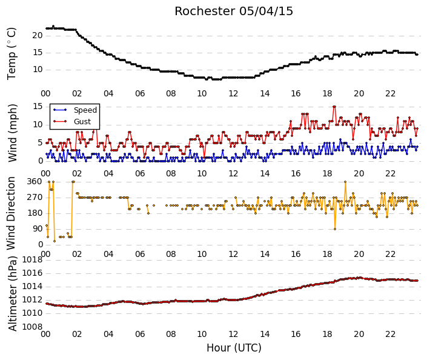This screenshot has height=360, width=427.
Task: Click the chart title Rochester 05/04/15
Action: pyautogui.click(x=234, y=12)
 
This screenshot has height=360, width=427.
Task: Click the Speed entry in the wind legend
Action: pyautogui.click(x=85, y=110)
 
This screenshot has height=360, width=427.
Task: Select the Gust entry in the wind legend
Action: pyautogui.click(x=82, y=122)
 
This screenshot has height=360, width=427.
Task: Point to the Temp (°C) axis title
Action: pyautogui.click(x=12, y=54)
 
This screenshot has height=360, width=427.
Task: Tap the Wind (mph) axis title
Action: pyautogui.click(x=13, y=133)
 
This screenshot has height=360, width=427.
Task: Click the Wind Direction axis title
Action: pyautogui.click(x=11, y=213)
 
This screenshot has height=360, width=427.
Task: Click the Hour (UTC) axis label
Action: pyautogui.click(x=234, y=348)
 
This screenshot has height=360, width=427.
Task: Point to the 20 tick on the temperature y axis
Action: pyautogui.click(x=38, y=35)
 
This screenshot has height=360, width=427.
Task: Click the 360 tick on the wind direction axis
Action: pyautogui.click(x=35, y=182)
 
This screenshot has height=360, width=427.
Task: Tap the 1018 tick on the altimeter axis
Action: pyautogui.click(x=33, y=260)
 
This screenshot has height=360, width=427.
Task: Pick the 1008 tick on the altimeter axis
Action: pyautogui.click(x=33, y=327)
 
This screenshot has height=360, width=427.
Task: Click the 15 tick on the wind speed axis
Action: pyautogui.click(x=38, y=106)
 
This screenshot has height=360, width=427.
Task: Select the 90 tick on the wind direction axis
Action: pyautogui.click(x=38, y=229)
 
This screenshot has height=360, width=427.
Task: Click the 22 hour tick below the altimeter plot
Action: pyautogui.click(x=390, y=334)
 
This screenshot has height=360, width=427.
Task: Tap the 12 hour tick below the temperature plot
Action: pyautogui.click(x=233, y=94)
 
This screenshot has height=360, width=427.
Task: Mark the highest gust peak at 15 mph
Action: pyautogui.click(x=334, y=107)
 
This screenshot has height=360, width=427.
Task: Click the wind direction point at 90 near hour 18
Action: pyautogui.click(x=335, y=229)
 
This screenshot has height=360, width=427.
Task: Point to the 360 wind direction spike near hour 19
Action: pyautogui.click(x=345, y=182)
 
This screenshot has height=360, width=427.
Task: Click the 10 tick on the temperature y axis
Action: pyautogui.click(x=38, y=70)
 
